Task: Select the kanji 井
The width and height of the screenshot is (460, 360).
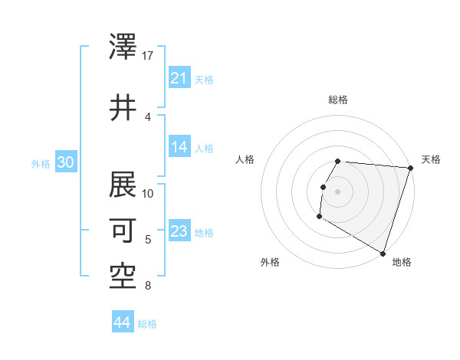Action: pos(123,108)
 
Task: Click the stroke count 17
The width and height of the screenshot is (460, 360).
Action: pos(148,56)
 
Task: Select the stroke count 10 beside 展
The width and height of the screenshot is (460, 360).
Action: pos(148,193)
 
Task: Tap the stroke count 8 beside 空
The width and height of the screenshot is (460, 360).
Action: pos(147,286)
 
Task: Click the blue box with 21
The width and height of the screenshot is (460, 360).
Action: pos(179,78)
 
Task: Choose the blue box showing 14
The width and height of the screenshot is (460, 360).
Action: pos(179,147)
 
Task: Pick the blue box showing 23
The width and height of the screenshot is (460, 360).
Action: pos(179,231)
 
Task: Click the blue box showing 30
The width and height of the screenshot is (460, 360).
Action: pos(66,162)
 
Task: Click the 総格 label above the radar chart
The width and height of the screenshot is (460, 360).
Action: pos(338,100)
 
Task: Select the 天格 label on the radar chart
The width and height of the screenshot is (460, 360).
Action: pos(431,159)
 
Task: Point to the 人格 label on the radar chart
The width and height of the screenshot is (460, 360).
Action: pos(245,159)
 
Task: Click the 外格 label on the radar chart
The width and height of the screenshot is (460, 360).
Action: pos(270,262)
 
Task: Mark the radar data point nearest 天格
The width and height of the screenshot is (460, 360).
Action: pos(410,168)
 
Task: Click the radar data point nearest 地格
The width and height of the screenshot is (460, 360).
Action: pos(383,253)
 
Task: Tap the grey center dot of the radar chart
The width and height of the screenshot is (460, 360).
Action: pos(338,191)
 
